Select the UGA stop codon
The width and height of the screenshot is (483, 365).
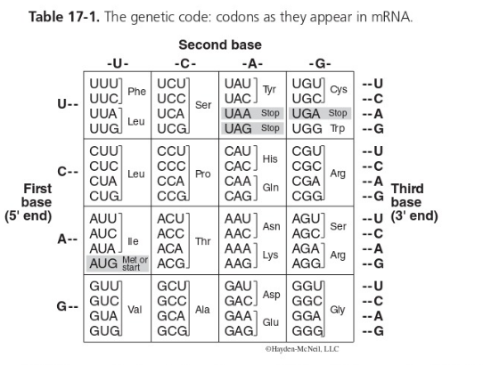pyautogui.click(x=307, y=113)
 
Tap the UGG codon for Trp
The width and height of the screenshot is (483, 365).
pyautogui.click(x=307, y=128)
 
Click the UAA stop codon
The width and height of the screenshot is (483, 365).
pyautogui.click(x=239, y=113)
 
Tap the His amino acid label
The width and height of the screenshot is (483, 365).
pyautogui.click(x=271, y=158)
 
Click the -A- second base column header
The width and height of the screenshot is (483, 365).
pyautogui.click(x=252, y=62)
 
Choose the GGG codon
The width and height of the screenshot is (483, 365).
pyautogui.click(x=306, y=330)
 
